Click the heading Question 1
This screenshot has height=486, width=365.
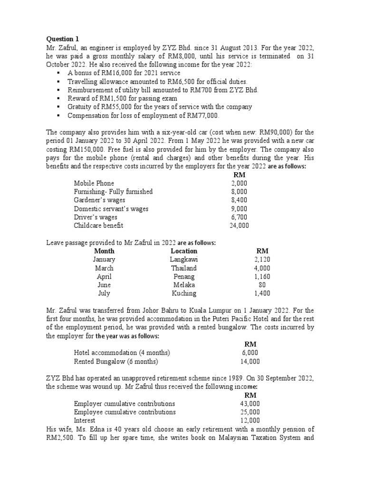click(60, 39)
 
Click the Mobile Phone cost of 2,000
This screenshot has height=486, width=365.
click(239, 183)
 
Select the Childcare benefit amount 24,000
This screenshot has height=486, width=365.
click(239, 226)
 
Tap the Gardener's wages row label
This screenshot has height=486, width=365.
click(99, 200)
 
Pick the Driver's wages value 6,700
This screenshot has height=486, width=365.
click(239, 217)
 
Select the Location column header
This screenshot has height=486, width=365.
click(184, 251)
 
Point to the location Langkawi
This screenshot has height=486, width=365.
click(184, 260)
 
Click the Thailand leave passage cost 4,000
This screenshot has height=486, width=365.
click(262, 268)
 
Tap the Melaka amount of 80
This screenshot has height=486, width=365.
click(262, 285)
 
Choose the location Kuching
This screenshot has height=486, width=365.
click(184, 294)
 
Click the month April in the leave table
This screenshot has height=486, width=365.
click(104, 277)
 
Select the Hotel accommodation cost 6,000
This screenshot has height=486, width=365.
click(250, 353)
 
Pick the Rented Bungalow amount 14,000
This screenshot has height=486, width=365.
click(250, 361)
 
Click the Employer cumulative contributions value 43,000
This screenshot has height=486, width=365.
click(250, 403)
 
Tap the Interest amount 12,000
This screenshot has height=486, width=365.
click(250, 421)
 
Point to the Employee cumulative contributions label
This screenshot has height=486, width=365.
click(125, 412)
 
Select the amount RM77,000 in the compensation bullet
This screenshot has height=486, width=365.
click(205, 116)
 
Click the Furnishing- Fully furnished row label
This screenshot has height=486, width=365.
click(113, 192)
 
